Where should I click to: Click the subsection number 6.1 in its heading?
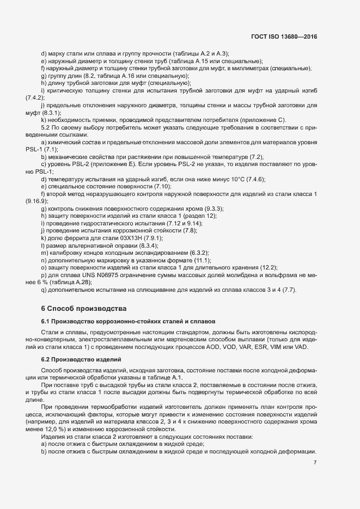[46, 321]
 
